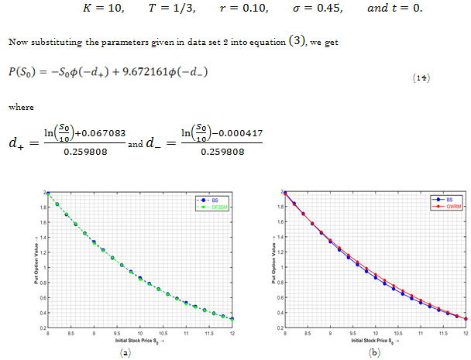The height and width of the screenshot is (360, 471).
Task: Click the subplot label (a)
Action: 139,351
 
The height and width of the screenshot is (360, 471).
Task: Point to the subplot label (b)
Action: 375,351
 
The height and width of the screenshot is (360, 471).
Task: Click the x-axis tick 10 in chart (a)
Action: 139,334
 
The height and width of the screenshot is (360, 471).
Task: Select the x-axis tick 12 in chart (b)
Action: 466,334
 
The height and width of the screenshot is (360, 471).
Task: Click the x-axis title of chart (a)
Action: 139,341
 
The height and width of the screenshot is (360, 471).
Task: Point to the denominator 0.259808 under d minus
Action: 222,152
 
